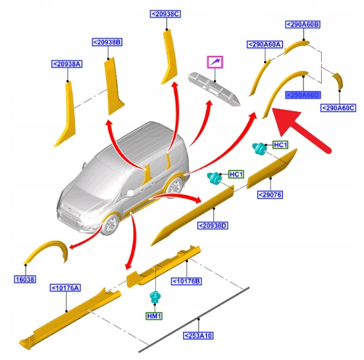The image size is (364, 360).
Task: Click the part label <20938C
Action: coord(165,14)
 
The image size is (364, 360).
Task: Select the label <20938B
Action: coord(107,42)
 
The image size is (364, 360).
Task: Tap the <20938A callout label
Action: coord(67,64)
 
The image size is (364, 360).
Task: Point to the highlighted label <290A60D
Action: coord(303,95)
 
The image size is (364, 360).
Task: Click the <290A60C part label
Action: coord(338,108)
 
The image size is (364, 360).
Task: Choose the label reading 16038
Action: coord(25,279)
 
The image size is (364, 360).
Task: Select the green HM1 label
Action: coord(154,316)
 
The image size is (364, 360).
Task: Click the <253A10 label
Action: coord(198,336)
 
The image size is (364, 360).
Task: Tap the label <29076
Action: coord(271,195)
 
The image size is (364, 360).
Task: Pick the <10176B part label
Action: coord(186,281)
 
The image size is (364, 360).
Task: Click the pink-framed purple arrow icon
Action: coord(215,62)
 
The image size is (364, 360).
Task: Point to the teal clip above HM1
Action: coord(155,297)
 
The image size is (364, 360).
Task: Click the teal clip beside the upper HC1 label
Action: coord(259,148)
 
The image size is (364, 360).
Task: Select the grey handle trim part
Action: coord(213,90)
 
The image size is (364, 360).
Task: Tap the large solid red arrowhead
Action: coord(287,122)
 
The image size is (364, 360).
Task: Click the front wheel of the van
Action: coord(111,224)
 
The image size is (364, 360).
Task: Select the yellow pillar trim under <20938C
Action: coord(169,57)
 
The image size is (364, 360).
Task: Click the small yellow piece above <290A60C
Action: coord(338,80)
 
